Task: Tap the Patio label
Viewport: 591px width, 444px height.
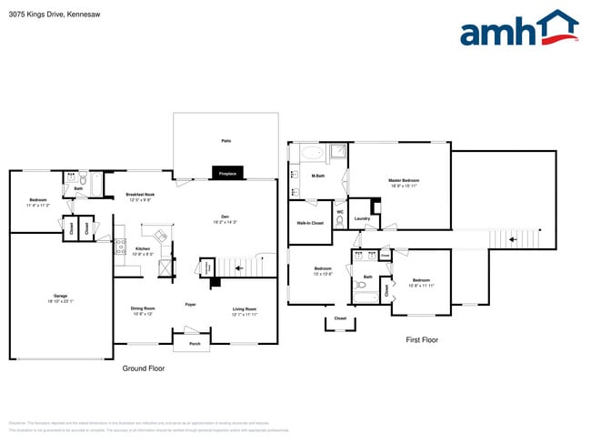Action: [x=225, y=141]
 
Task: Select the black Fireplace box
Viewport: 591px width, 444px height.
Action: [x=227, y=173]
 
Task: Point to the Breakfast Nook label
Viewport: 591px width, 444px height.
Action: [x=140, y=196]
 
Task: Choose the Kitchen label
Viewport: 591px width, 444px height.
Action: [x=143, y=248]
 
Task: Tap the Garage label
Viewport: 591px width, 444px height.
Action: [x=60, y=298]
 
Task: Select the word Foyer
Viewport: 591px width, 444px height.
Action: [x=191, y=304]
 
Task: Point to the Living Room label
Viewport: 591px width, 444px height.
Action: [x=245, y=309]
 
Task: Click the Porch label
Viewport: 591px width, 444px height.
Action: [x=195, y=344]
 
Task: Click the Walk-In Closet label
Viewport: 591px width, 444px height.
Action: [x=310, y=223]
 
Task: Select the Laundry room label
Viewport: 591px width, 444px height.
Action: [x=361, y=218]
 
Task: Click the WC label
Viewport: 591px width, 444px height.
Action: [x=339, y=212]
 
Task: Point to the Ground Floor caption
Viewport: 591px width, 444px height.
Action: [x=144, y=368]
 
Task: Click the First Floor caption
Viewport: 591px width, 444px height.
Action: [x=422, y=339]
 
